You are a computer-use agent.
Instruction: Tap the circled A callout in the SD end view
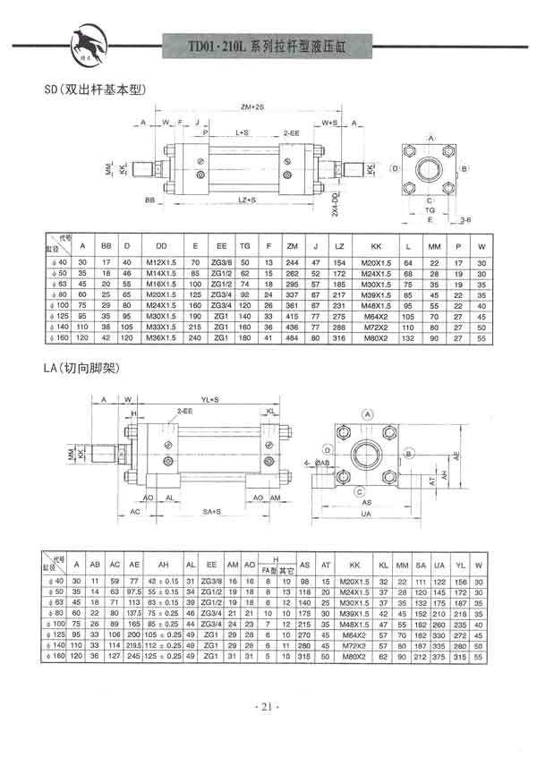pos(430,138)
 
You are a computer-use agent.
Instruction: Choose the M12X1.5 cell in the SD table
pos(161,261)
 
